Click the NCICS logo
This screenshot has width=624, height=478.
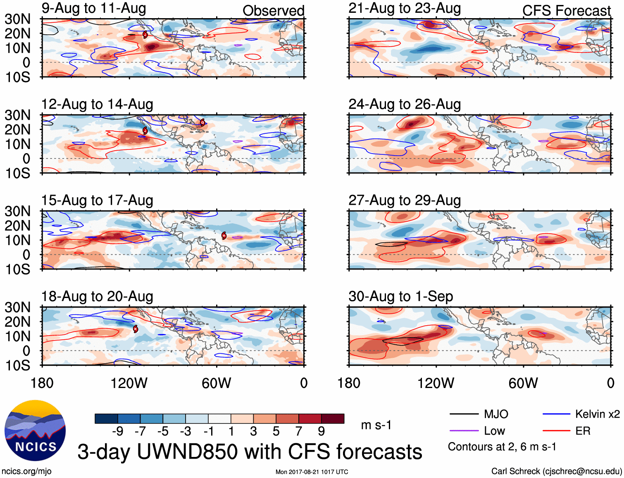pos(35,431)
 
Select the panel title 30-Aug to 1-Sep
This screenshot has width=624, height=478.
pos(400,296)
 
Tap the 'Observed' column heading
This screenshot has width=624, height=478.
pos(273,11)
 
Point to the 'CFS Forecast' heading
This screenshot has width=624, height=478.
pos(566,11)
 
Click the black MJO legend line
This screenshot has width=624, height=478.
pos(464,414)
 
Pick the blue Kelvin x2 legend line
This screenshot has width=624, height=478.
pos(556,414)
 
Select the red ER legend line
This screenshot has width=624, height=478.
pos(556,431)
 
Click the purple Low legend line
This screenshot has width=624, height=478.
pos(464,431)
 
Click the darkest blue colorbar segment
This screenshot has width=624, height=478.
pos(106,419)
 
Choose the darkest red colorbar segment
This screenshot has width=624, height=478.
pos(333,419)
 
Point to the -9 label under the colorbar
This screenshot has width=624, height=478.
pos(118,431)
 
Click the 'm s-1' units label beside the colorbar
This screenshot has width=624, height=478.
pos(376,425)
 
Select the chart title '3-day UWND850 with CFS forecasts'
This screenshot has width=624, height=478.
pos(250,452)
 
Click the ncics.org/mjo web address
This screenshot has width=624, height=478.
pos(26,471)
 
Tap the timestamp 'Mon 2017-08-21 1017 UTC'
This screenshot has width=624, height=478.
pos(312,472)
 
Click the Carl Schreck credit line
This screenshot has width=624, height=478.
pos(556,471)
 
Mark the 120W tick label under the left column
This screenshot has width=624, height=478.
pos(129,383)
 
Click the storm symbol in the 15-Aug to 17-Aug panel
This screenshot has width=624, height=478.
pos(224,236)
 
